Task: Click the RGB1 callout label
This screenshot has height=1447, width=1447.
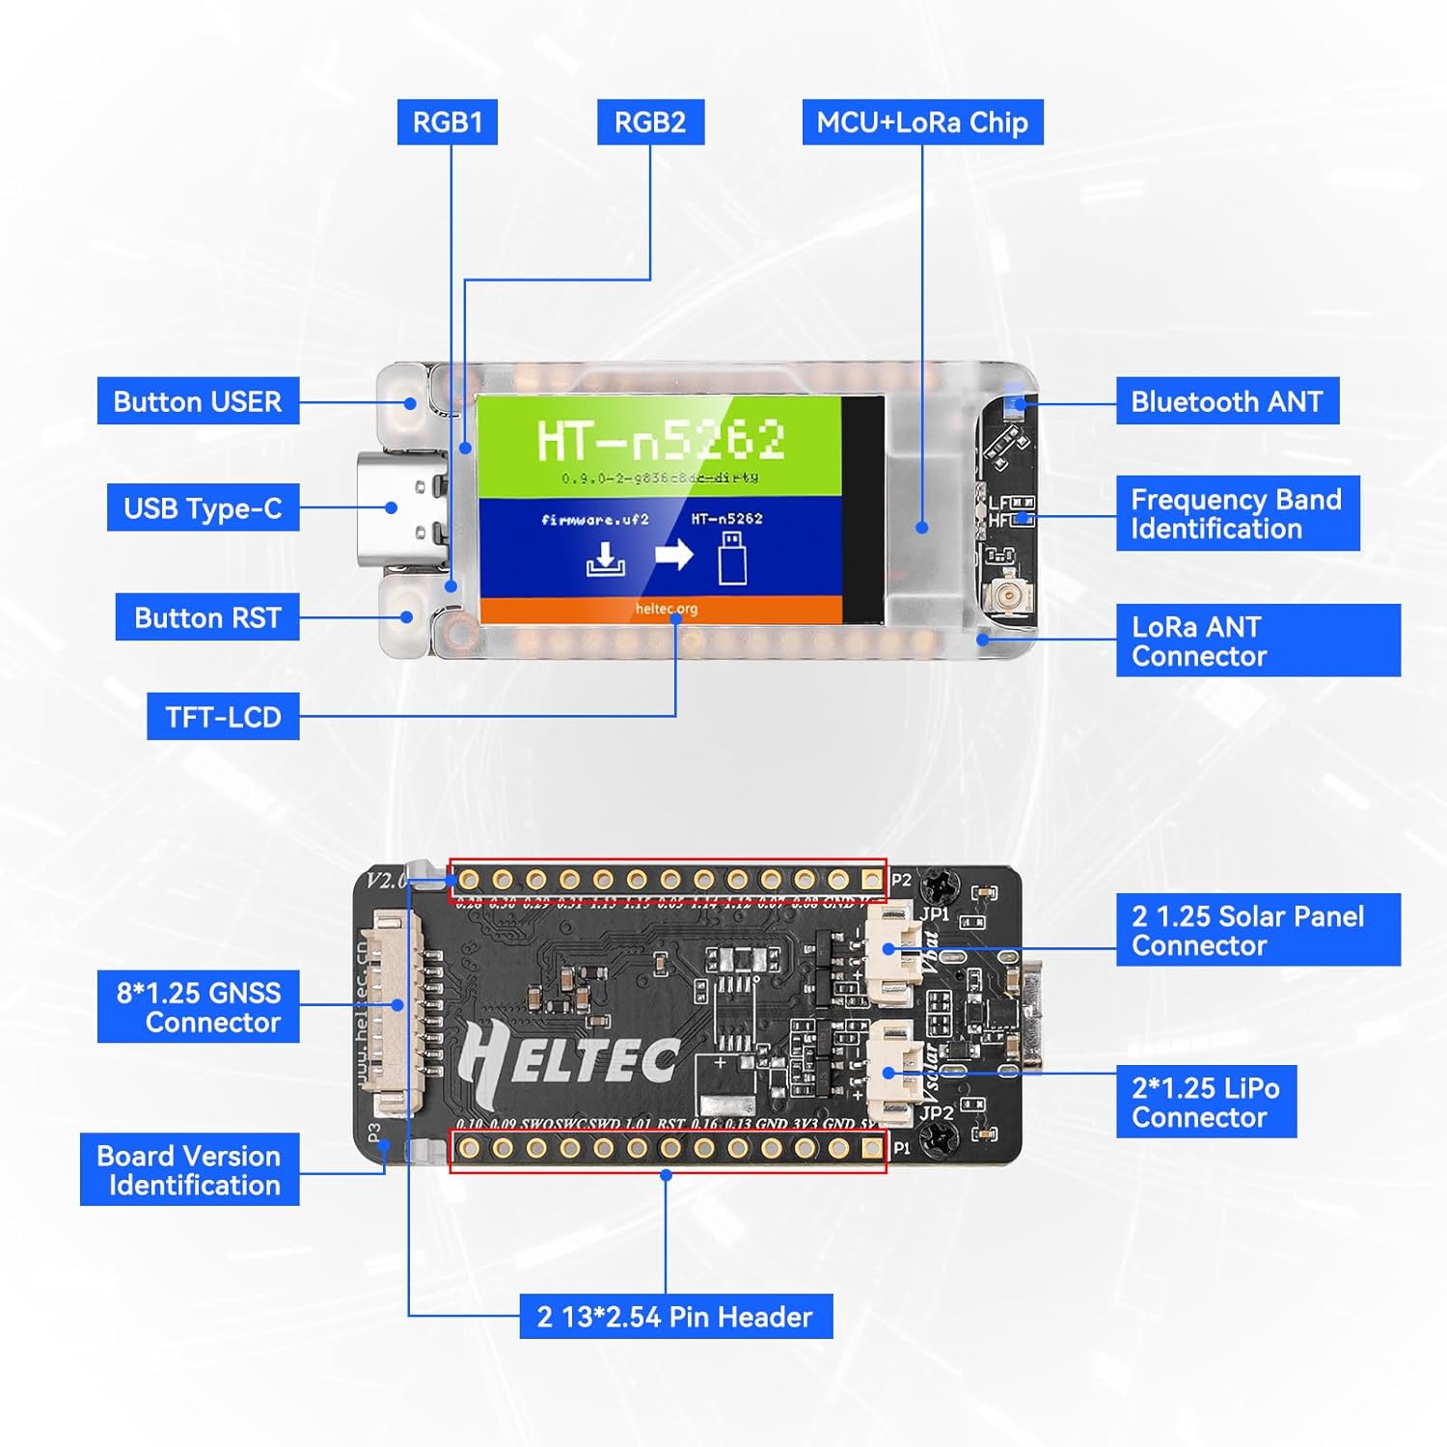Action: pyautogui.click(x=447, y=123)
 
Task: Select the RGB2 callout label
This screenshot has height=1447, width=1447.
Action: pyautogui.click(x=650, y=123)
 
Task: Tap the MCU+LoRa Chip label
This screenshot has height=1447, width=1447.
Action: pyautogui.click(x=922, y=123)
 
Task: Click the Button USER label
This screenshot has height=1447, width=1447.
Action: pyautogui.click(x=198, y=401)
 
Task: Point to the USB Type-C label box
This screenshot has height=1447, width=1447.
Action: pyautogui.click(x=203, y=508)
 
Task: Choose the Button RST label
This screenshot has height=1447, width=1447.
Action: pyautogui.click(x=207, y=617)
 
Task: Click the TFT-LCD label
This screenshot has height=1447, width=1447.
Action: pyautogui.click(x=223, y=717)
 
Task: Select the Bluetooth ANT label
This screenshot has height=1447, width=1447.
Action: pyautogui.click(x=1227, y=401)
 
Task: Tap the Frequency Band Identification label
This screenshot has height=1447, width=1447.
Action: pyautogui.click(x=1237, y=514)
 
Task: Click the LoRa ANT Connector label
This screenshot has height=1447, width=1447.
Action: pyautogui.click(x=1257, y=641)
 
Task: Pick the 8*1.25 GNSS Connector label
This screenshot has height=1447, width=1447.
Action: pyautogui.click(x=199, y=1007)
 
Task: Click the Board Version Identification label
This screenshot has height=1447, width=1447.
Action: pyautogui.click(x=189, y=1170)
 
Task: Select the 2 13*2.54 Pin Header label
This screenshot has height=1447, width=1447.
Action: pyautogui.click(x=675, y=1317)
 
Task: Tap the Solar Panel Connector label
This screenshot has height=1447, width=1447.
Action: pyautogui.click(x=1257, y=930)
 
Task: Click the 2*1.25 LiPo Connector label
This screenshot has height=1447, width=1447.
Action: pyautogui.click(x=1206, y=1102)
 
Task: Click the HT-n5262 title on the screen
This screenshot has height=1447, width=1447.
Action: pyautogui.click(x=661, y=440)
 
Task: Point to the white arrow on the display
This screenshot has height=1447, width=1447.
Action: pyautogui.click(x=674, y=555)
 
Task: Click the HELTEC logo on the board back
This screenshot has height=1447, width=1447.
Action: pyautogui.click(x=569, y=1061)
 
